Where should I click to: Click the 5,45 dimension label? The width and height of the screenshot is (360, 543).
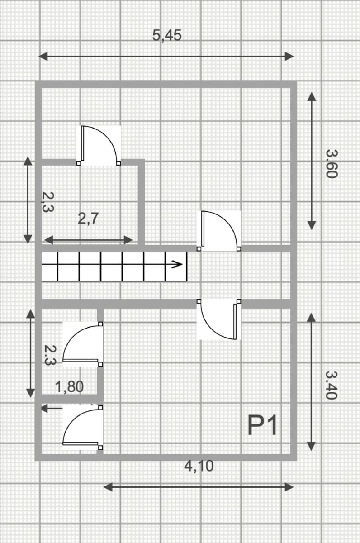(167, 35)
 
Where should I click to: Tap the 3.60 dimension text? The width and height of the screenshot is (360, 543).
(332, 164)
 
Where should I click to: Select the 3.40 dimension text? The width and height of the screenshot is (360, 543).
(331, 385)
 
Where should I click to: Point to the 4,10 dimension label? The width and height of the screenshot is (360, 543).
(199, 466)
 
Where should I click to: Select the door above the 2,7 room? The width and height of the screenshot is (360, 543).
(98, 145)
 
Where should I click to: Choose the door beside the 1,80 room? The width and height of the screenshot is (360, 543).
(83, 344)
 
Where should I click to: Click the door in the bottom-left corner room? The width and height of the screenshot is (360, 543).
(83, 428)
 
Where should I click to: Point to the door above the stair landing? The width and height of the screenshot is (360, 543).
(219, 231)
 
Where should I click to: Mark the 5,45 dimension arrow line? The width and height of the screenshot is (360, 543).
(166, 57)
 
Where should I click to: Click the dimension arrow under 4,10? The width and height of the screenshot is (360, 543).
(199, 487)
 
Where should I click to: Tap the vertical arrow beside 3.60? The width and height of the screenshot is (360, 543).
(312, 161)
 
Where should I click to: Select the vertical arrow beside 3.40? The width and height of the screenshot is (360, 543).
(311, 382)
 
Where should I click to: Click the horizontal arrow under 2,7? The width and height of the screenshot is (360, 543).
(89, 240)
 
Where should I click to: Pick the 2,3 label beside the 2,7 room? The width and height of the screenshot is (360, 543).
(48, 202)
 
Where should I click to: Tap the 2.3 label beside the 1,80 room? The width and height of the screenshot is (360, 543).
(50, 355)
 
